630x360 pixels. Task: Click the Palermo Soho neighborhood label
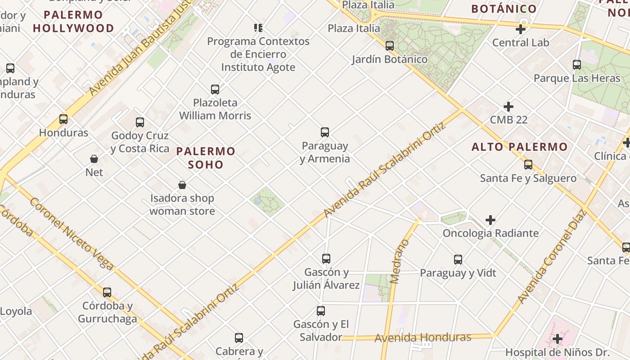(x=206, y=157)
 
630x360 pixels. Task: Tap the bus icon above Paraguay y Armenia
(x=325, y=132)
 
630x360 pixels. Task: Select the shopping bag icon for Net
(x=94, y=159)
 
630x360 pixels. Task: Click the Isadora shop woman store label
(x=182, y=204)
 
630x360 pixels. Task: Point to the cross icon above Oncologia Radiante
(x=490, y=220)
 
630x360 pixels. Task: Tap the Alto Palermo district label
(x=519, y=147)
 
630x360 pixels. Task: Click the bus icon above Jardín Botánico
(x=390, y=46)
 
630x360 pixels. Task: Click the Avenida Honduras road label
(x=423, y=337)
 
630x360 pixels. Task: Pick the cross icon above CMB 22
(x=508, y=107)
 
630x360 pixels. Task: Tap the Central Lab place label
(x=521, y=43)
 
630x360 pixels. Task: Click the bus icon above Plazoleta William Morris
(x=215, y=90)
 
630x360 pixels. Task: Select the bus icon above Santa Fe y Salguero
(x=528, y=165)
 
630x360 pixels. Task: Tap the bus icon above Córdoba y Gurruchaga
(x=107, y=292)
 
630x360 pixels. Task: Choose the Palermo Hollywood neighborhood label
(x=73, y=22)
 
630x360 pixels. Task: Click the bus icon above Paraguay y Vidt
(x=458, y=260)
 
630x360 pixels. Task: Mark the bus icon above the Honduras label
(x=63, y=119)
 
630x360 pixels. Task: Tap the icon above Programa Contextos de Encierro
(x=258, y=28)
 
